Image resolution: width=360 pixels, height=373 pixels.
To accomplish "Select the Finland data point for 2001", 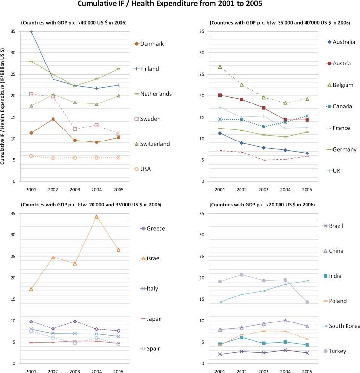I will pyautogui.click(x=31, y=32).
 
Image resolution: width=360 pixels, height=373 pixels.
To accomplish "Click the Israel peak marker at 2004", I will pyautogui.click(x=97, y=217).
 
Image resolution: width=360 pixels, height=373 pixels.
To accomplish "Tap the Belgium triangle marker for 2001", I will pyautogui.click(x=220, y=67).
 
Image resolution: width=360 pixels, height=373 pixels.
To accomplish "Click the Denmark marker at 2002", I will pyautogui.click(x=53, y=119).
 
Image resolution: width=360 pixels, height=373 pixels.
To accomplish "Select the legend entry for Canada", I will pyautogui.click(x=341, y=106).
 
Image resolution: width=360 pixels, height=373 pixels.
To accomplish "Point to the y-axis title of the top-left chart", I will pyautogui.click(x=4, y=107).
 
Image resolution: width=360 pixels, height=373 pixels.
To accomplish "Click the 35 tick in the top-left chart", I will pyautogui.click(x=14, y=32).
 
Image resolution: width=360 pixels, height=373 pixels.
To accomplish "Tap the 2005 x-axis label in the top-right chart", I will pyautogui.click(x=307, y=188).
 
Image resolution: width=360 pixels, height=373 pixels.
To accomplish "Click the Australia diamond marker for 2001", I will pyautogui.click(x=220, y=133).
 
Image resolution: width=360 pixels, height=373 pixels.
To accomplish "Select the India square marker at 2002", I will pyautogui.click(x=242, y=337).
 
